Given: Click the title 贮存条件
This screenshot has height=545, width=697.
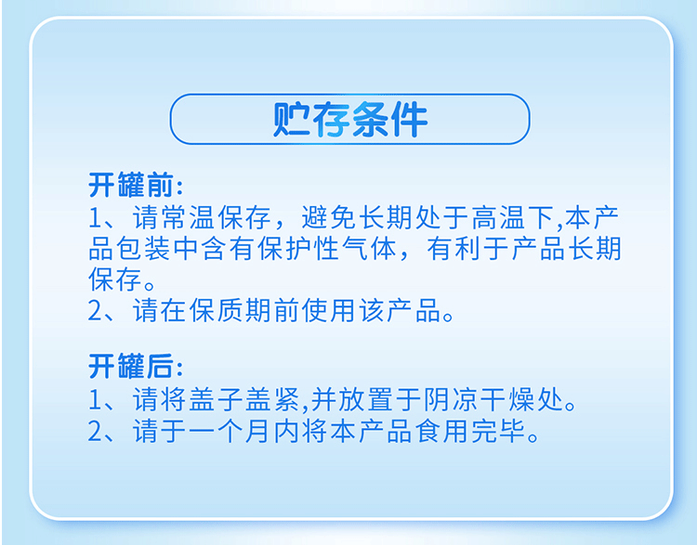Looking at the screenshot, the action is tap(349, 119).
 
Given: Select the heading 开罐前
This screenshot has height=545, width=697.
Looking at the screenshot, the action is tap(131, 185).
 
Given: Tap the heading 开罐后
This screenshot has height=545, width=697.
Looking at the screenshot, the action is tap(131, 366).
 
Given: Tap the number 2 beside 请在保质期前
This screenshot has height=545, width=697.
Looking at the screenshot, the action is tap(96, 310).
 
